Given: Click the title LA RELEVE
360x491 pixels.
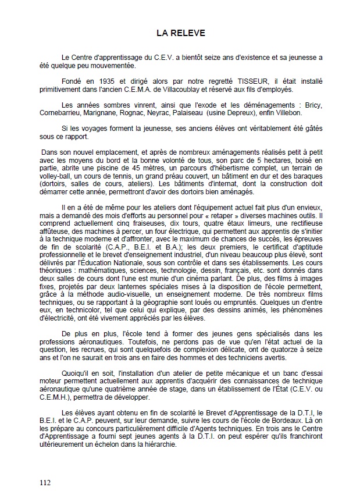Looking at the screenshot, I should [x=180, y=33].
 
